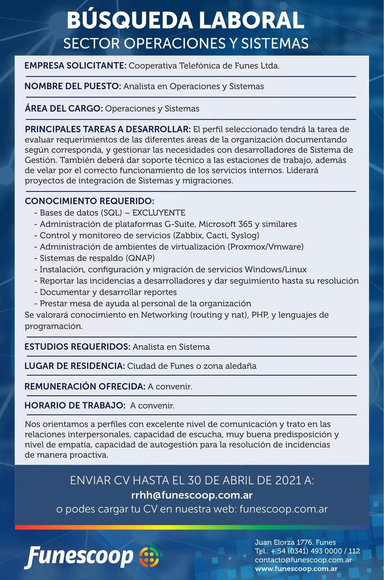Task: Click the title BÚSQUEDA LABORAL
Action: click(185, 20)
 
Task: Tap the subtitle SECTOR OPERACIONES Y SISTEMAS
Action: click(186, 43)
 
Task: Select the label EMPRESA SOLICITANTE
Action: click(75, 66)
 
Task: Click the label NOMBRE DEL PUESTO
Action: click(73, 86)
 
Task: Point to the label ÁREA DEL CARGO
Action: click(64, 109)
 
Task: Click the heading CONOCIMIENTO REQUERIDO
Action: click(89, 201)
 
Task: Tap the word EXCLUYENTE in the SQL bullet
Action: click(159, 213)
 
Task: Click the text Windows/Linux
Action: click(276, 269)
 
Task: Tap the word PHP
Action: click(260, 315)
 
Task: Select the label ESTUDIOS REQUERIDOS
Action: click(77, 347)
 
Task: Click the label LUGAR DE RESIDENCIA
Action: click(75, 366)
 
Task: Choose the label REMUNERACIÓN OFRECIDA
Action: click(85, 386)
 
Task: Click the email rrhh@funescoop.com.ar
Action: click(192, 495)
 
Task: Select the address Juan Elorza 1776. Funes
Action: click(295, 542)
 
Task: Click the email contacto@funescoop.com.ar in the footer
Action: click(303, 560)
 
